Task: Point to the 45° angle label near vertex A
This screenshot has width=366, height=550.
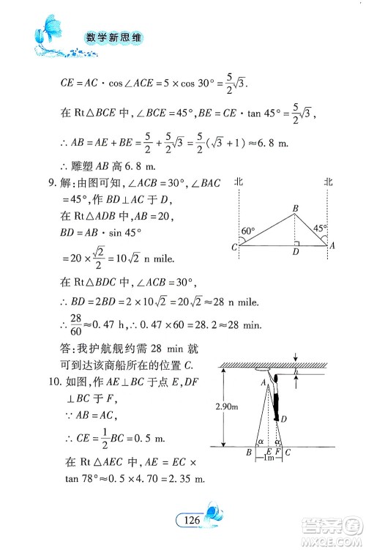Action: coord(319,228)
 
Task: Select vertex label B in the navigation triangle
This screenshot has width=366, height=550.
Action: coord(294,209)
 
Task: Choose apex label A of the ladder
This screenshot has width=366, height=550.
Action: coord(261,381)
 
